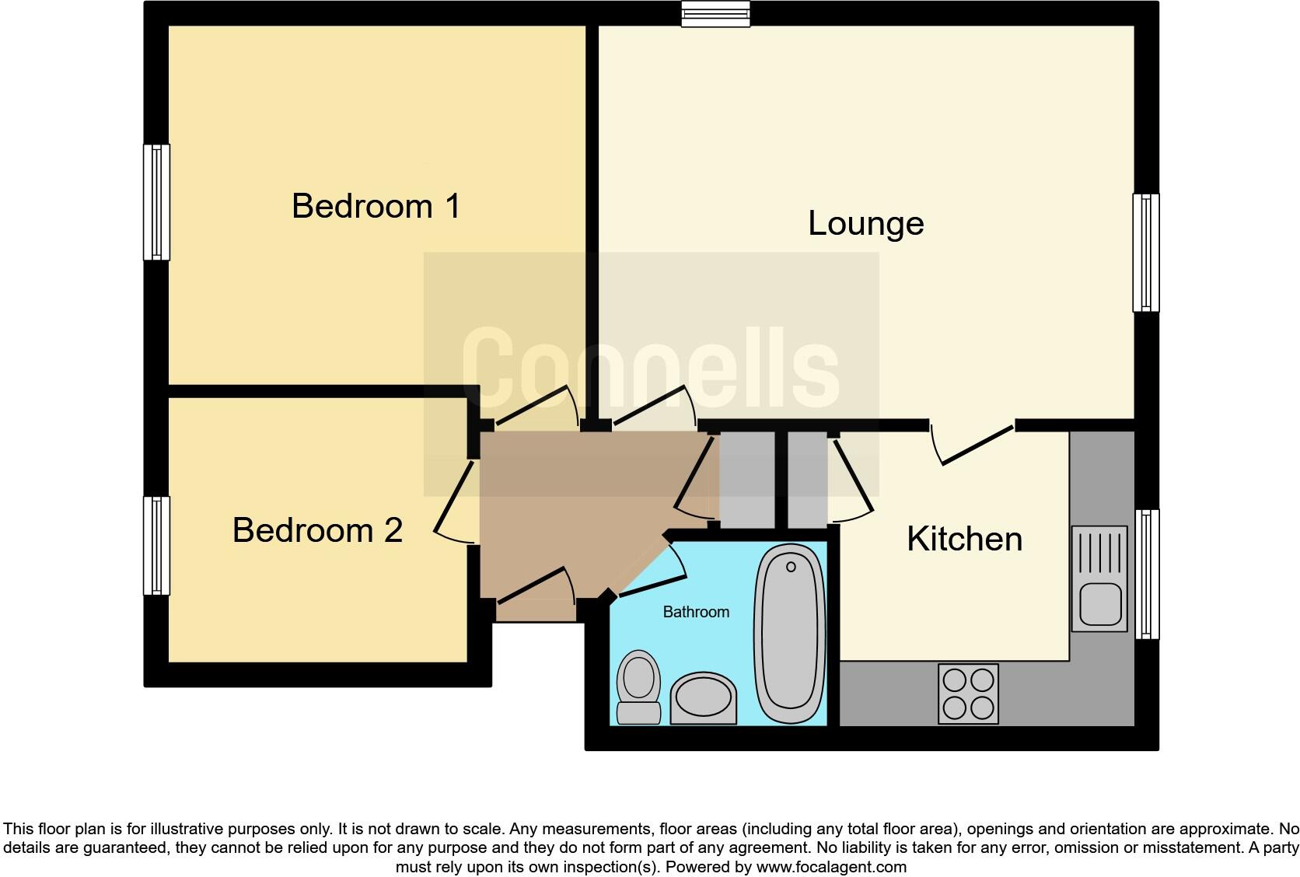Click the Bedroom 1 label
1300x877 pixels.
(x=376, y=206)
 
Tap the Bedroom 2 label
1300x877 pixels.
(x=317, y=530)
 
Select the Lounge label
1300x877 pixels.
(x=865, y=223)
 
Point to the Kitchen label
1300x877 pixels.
(x=964, y=539)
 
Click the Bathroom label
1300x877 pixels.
(x=696, y=612)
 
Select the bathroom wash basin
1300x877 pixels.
(x=703, y=697)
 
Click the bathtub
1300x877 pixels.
(x=789, y=634)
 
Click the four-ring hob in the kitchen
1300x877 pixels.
(x=968, y=694)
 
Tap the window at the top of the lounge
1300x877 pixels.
(x=715, y=14)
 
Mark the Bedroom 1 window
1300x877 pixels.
(x=156, y=201)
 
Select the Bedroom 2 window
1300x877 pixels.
(x=156, y=546)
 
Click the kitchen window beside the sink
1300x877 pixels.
(x=1147, y=574)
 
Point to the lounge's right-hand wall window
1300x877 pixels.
(x=1146, y=252)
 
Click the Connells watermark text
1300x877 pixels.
(x=651, y=373)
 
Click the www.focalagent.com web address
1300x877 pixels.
(x=831, y=867)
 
